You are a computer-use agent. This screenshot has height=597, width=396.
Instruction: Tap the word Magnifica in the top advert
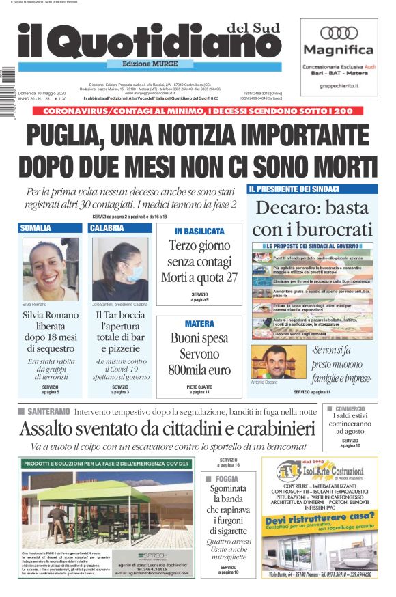[x=339, y=50]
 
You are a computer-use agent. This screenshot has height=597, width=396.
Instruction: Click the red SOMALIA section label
[x=36, y=227]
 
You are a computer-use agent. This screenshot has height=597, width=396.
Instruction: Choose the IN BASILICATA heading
[x=199, y=232]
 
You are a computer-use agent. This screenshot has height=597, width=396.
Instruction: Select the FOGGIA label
[x=227, y=479]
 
